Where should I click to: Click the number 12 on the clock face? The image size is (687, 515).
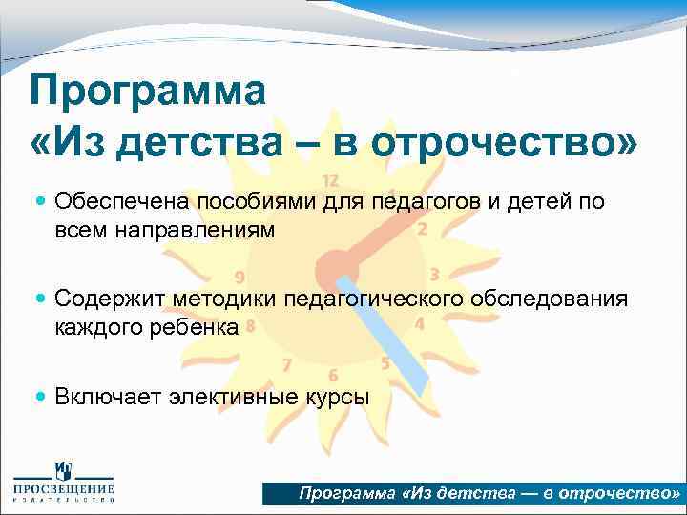coord(331,180)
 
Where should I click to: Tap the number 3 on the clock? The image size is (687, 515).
coord(434,275)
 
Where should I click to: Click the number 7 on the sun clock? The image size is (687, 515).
coord(286,364)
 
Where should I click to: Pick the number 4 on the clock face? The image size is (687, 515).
coord(420,323)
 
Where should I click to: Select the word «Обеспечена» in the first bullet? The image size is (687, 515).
coord(123,201)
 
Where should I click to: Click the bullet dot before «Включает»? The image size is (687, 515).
coord(39,395)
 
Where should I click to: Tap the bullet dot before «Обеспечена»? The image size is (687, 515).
coord(39,201)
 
